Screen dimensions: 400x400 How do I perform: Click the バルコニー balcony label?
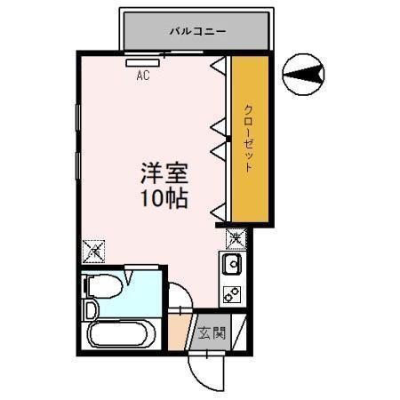(198, 32)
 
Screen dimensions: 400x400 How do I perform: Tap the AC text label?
(142, 76)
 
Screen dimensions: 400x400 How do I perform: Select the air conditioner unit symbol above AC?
(142, 62)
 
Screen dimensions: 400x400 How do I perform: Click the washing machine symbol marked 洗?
(236, 238)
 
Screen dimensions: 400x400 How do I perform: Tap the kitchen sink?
(232, 264)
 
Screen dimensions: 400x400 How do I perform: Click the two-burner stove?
(232, 293)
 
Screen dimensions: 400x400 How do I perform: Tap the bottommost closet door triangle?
(217, 211)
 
